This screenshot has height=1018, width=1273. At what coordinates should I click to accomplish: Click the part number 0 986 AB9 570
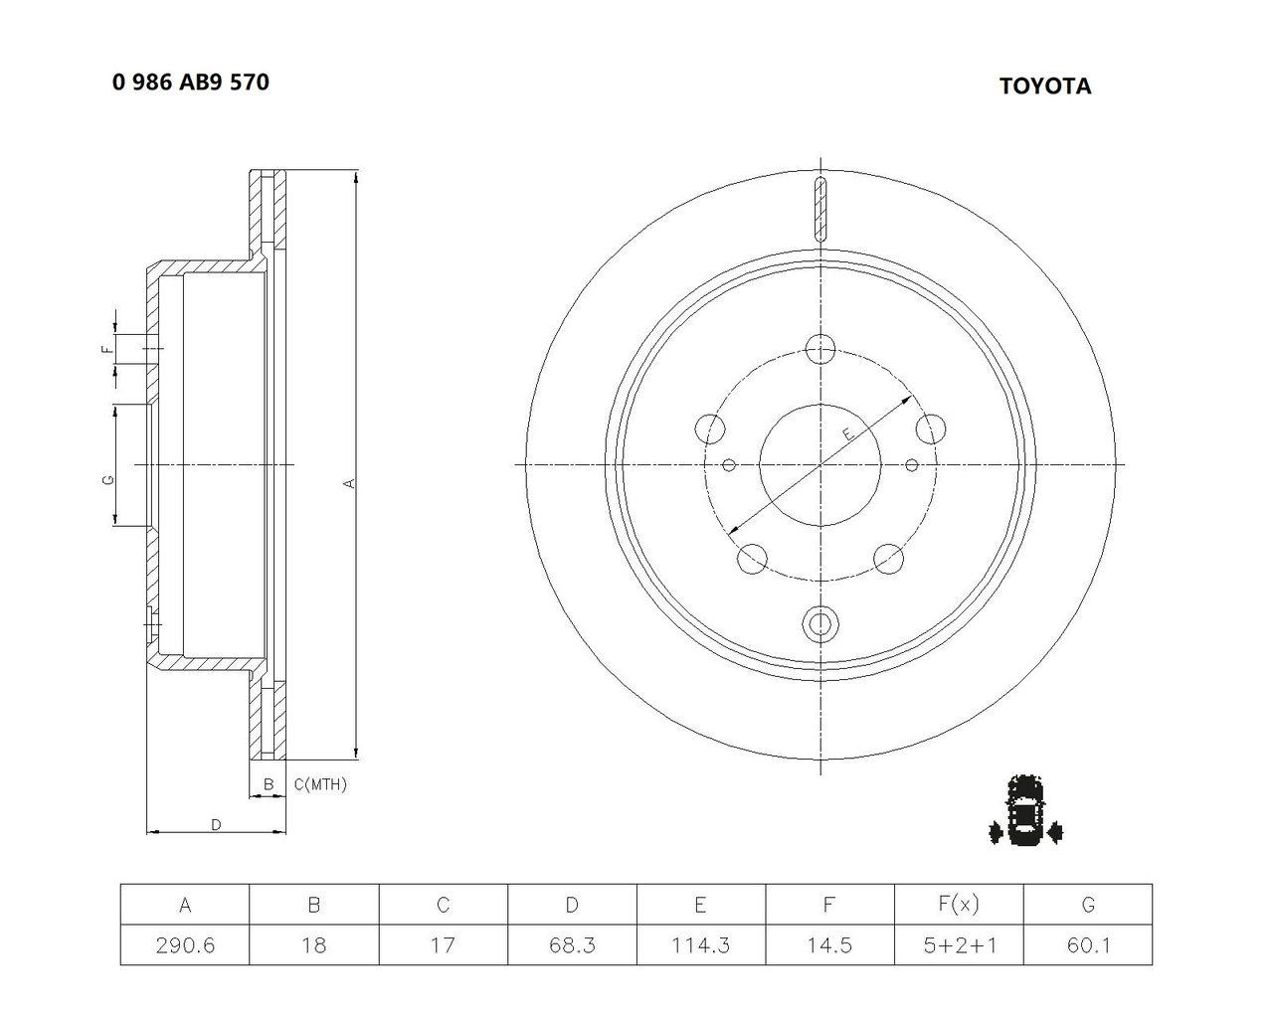point(191,82)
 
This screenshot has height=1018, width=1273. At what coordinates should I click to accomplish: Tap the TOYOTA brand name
point(1045,86)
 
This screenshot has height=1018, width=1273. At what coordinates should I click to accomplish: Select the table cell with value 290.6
point(185,945)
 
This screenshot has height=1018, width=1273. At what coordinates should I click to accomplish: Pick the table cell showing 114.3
point(701,945)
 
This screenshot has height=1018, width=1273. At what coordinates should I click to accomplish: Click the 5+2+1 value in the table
point(959,945)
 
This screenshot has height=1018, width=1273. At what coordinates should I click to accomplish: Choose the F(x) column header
point(959,904)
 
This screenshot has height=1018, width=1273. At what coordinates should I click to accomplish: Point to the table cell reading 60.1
point(1088,945)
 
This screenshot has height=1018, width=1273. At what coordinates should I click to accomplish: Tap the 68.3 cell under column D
point(572,945)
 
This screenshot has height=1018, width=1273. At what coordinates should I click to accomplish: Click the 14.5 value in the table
point(829,945)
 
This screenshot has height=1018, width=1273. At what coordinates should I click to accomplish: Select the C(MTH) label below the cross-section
point(320,784)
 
